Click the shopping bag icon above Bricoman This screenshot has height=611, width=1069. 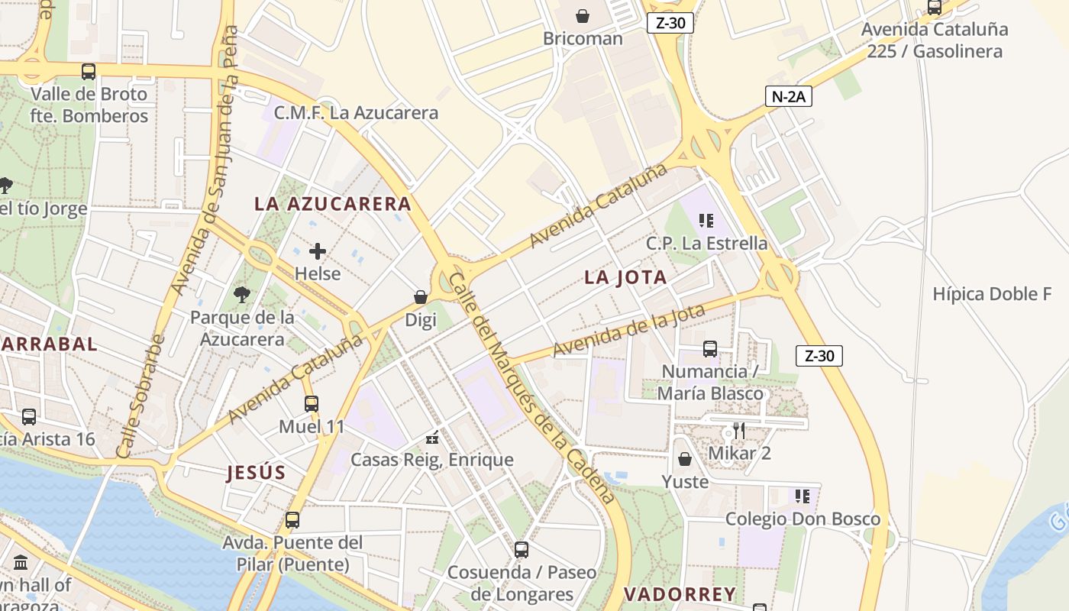pyautogui.click(x=583, y=16)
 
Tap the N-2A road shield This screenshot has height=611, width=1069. pyautogui.click(x=788, y=96)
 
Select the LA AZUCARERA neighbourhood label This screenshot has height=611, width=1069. pyautogui.click(x=332, y=204)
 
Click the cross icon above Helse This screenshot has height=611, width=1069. pyautogui.click(x=318, y=251)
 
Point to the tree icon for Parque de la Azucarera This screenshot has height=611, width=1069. pyautogui.click(x=242, y=295)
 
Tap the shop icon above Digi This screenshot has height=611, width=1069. pyautogui.click(x=420, y=297)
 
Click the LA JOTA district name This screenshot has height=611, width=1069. pyautogui.click(x=625, y=278)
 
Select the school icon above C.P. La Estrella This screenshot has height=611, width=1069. pyautogui.click(x=706, y=221)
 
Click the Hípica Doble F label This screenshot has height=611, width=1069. pyautogui.click(x=992, y=294)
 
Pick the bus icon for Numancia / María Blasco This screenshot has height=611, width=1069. pyautogui.click(x=710, y=349)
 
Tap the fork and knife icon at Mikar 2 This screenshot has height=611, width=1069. pyautogui.click(x=738, y=431)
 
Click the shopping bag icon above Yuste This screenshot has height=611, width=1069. pyautogui.click(x=685, y=459)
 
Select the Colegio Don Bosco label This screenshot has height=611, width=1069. pyautogui.click(x=803, y=519)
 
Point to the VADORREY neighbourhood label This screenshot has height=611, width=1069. pyautogui.click(x=680, y=594)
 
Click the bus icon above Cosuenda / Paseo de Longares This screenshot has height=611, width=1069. pyautogui.click(x=522, y=549)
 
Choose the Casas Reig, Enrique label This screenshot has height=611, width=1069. pyautogui.click(x=431, y=461)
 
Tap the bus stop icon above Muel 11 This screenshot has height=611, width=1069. pyautogui.click(x=312, y=404)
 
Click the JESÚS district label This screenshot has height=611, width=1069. pyautogui.click(x=256, y=473)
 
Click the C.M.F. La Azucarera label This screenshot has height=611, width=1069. pyautogui.click(x=356, y=113)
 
